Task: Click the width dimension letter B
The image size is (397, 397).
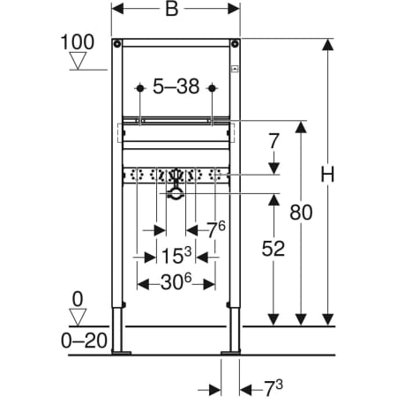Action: coord(172,9)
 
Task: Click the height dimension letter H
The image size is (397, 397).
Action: coord(327,175)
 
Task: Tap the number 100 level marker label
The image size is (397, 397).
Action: coord(78,42)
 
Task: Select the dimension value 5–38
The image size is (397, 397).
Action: coord(176,86)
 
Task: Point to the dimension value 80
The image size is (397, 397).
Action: coord(301,213)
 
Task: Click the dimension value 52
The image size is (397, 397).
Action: coord(273,249)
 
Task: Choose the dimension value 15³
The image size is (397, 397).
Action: coord(176,255)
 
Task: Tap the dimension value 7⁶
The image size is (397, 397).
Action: coord(216,229)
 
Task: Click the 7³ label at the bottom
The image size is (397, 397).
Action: coord(273,388)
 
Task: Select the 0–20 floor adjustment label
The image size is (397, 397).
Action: coord(84,341)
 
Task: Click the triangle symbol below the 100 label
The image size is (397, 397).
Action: coord(78,61)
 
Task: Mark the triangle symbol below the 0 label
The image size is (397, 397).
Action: coord(78,318)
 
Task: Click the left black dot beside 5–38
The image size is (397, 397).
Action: coord(140,88)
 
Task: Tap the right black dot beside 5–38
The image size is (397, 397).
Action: coord(212,88)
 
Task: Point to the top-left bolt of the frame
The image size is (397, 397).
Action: coord(117,44)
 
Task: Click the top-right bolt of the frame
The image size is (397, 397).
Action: coord(235,44)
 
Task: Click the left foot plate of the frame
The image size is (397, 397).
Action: coord(121,352)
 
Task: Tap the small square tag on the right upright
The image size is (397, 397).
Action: coord(235,69)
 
